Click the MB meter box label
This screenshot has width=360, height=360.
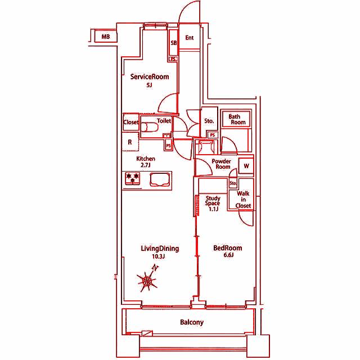pyautogui.click(x=106, y=37)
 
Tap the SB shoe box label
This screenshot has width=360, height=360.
pyautogui.click(x=174, y=43)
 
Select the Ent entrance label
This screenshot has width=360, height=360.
pyautogui.click(x=190, y=38)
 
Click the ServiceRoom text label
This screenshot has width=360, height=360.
pyautogui.click(x=150, y=76)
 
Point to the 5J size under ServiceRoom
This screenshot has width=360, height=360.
pyautogui.click(x=149, y=85)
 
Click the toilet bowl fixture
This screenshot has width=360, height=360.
pyautogui.click(x=149, y=127)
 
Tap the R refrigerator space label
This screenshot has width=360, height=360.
pyautogui.click(x=130, y=142)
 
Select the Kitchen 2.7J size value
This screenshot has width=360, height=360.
pyautogui.click(x=145, y=165)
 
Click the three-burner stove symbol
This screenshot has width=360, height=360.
pyautogui.click(x=133, y=178)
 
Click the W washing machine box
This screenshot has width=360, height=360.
pyautogui.click(x=246, y=166)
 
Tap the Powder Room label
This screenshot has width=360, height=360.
pyautogui.click(x=221, y=164)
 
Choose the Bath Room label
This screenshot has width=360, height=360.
pyautogui.click(x=237, y=119)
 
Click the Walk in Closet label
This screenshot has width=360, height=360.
pyautogui.click(x=243, y=200)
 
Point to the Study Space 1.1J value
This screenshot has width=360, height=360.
pyautogui.click(x=214, y=209)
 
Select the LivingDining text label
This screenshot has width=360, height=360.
pyautogui.click(x=160, y=249)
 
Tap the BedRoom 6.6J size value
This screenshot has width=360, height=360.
pyautogui.click(x=229, y=255)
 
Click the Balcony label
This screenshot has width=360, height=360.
pyautogui.click(x=192, y=322)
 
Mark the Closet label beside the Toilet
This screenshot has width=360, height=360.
pyautogui.click(x=131, y=122)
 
